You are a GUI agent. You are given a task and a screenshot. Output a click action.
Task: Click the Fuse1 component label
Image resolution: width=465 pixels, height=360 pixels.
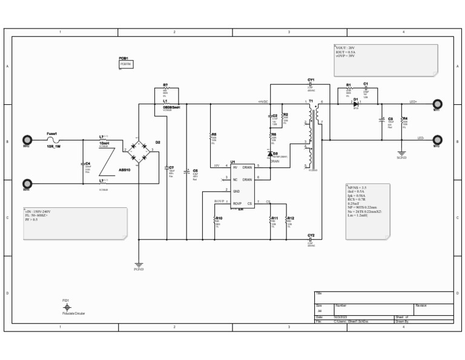[52, 133]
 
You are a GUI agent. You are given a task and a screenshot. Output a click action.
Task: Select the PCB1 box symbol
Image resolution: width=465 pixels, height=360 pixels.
[126, 64]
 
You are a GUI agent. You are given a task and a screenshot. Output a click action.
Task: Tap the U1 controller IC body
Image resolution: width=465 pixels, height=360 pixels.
[242, 185]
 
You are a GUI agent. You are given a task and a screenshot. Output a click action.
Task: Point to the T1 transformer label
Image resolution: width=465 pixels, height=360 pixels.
[311, 101]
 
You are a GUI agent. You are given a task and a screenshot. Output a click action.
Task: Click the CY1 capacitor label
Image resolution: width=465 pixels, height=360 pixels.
[311, 80]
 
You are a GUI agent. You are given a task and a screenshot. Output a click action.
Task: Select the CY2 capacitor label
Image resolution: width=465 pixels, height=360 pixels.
[311, 235]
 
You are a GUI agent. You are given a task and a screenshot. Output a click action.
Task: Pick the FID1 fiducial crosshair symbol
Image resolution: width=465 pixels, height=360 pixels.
[67, 308]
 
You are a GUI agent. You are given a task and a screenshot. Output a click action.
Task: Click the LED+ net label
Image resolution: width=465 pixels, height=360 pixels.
[414, 102]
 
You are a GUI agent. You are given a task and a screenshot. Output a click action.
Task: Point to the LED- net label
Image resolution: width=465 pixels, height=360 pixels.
[421, 138]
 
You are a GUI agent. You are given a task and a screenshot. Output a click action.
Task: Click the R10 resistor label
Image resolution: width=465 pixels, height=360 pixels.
[219, 218]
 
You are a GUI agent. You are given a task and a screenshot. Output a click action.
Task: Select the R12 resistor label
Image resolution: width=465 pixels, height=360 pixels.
[291, 218]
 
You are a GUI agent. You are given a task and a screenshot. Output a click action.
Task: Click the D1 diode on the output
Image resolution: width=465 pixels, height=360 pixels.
[356, 103]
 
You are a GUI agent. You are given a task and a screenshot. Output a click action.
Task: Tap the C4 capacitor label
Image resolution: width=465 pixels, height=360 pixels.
[88, 164]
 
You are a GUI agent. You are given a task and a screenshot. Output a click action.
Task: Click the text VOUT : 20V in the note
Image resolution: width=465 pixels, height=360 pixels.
[345, 47]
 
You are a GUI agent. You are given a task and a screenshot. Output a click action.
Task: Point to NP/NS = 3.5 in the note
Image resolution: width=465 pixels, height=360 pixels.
[357, 188]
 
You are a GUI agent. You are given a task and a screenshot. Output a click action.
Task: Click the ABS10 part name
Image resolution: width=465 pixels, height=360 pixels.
[124, 170]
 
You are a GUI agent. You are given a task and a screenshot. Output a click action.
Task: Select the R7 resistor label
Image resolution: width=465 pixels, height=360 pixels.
[165, 85]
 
